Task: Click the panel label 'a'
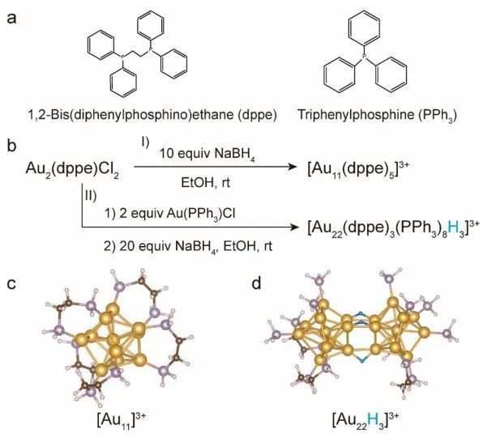11,19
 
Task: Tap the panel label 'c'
11,284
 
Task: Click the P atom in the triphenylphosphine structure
365,57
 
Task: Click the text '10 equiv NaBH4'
207,154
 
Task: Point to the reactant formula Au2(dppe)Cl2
72,169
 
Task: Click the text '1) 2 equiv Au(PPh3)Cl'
169,214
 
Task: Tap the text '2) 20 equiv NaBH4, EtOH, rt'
188,246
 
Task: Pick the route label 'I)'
145,142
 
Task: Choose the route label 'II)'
91,196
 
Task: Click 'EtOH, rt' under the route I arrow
206,182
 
